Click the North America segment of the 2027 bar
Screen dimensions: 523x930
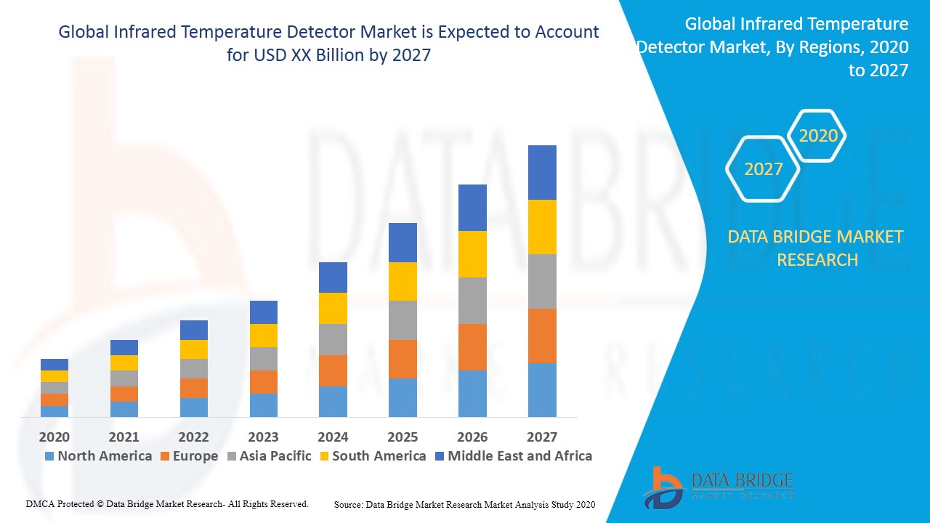click(x=542, y=389)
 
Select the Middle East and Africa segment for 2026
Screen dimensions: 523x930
click(x=472, y=208)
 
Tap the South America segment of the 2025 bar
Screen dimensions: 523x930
click(x=403, y=281)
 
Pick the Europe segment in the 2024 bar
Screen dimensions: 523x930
click(x=333, y=370)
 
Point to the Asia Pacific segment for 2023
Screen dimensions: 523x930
click(x=263, y=359)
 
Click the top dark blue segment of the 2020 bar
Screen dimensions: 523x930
click(x=54, y=365)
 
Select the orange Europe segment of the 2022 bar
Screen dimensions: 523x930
click(x=193, y=388)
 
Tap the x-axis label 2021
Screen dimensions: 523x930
click(x=124, y=437)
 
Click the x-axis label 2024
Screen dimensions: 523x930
click(x=333, y=437)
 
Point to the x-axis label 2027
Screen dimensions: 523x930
click(x=542, y=437)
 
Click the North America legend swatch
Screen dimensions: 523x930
click(x=49, y=456)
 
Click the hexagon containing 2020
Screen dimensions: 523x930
click(x=817, y=136)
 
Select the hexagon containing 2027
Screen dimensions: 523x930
click(x=763, y=169)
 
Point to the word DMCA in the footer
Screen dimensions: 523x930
click(x=40, y=503)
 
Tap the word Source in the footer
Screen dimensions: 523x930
click(x=348, y=504)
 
